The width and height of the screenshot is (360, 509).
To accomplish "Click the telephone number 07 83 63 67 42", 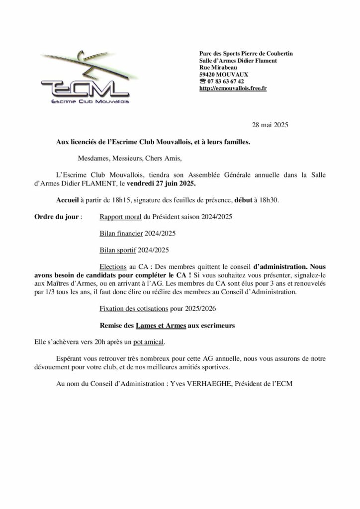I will tap(226, 81).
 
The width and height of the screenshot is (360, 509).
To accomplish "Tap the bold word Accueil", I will tap(68, 200).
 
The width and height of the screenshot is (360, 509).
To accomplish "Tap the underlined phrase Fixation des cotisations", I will tap(134, 308).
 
